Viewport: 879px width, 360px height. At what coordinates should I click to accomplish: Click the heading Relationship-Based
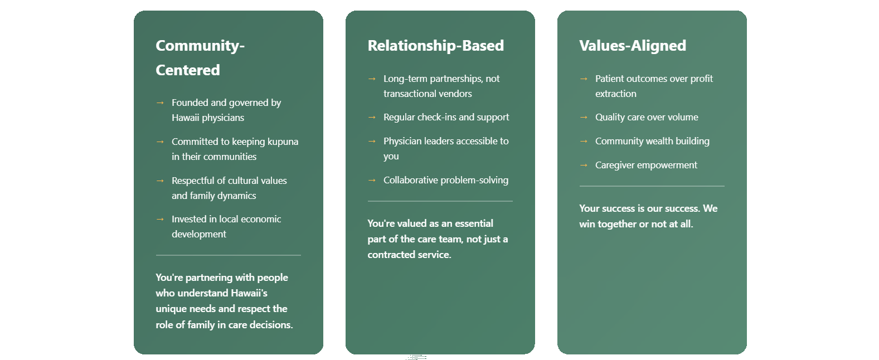pyautogui.click(x=435, y=46)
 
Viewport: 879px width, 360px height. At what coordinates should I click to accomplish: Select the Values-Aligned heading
pyautogui.click(x=633, y=46)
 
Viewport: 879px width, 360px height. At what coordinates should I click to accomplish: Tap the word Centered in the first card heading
pyautogui.click(x=188, y=70)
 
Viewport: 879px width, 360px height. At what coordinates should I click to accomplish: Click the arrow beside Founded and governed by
pyautogui.click(x=160, y=103)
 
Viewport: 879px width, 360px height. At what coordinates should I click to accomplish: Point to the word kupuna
pyautogui.click(x=283, y=142)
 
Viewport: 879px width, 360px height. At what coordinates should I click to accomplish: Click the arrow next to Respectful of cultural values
pyautogui.click(x=160, y=181)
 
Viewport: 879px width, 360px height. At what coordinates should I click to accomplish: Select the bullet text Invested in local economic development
pyautogui.click(x=226, y=226)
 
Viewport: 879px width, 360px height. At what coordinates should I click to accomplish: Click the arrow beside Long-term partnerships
pyautogui.click(x=372, y=79)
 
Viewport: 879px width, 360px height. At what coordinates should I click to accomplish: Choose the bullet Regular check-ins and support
pyautogui.click(x=446, y=117)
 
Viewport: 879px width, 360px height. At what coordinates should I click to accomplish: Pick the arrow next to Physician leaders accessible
pyautogui.click(x=372, y=141)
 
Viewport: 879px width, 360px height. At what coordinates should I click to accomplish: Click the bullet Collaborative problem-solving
pyautogui.click(x=446, y=180)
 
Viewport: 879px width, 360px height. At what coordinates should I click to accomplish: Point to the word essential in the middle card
pyautogui.click(x=474, y=223)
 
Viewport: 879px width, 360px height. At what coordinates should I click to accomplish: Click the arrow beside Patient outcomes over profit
pyautogui.click(x=584, y=79)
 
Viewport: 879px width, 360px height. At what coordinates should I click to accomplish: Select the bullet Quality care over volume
pyautogui.click(x=647, y=117)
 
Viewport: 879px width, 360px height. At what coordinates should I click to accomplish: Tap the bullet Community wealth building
pyautogui.click(x=652, y=141)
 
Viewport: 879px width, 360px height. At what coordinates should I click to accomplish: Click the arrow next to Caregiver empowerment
pyautogui.click(x=584, y=165)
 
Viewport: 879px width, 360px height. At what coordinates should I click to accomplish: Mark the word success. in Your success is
pyautogui.click(x=682, y=208)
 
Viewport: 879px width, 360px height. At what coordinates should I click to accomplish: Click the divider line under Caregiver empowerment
pyautogui.click(x=652, y=186)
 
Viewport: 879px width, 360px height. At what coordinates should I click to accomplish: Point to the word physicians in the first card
pyautogui.click(x=223, y=118)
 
